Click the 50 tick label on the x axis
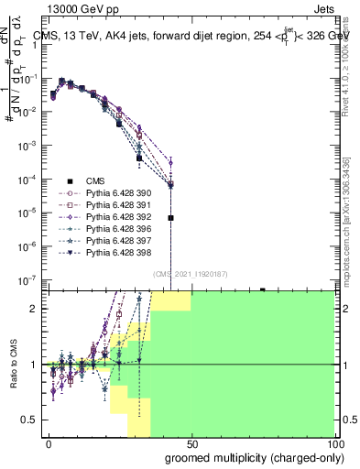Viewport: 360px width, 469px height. pos(191,443)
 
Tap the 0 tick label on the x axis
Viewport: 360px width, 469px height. pos(49,443)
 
